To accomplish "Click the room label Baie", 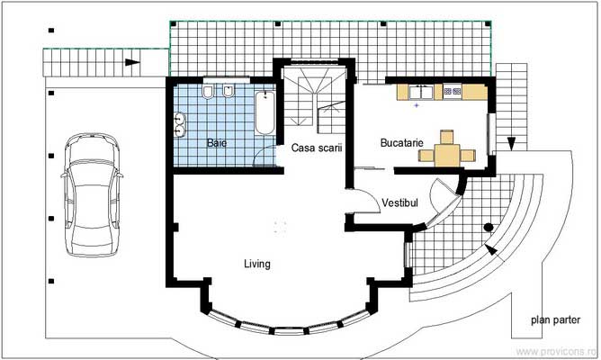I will click(217, 142).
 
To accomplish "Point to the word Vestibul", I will click(400, 203).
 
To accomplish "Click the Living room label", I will click(257, 264).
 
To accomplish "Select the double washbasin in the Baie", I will click(181, 124).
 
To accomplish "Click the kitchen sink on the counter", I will click(420, 91).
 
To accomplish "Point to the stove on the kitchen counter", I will click(451, 91).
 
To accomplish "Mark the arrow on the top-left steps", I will click(132, 62).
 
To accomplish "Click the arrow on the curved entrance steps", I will click(491, 247).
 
